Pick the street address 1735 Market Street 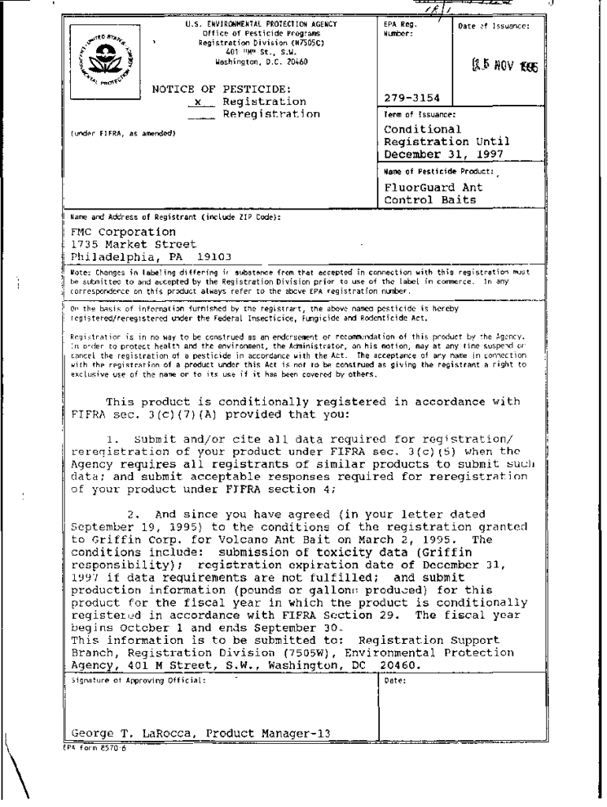point(121,244)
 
